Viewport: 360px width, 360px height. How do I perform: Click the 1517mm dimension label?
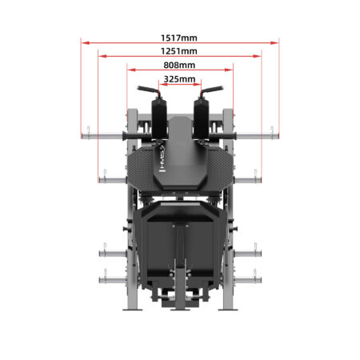[179, 38]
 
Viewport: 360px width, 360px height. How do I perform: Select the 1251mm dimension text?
[179, 51]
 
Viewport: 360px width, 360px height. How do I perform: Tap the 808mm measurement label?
[179, 65]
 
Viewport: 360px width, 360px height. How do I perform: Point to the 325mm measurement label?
[179, 79]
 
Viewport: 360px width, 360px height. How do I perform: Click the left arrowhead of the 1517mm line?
[86, 42]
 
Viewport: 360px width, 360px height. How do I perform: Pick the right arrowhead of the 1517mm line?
[274, 42]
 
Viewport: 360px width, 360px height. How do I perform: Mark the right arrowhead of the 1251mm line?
[257, 56]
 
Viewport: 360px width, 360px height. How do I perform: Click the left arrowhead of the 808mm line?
[132, 70]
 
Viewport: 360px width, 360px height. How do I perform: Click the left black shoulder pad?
[159, 118]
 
